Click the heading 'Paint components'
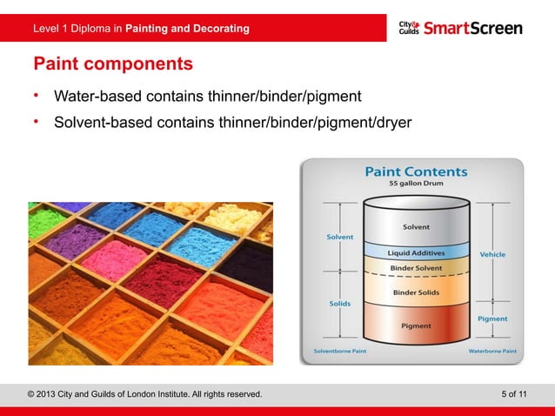click(x=113, y=64)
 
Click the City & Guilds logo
click(x=410, y=28)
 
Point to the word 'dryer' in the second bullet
click(x=391, y=123)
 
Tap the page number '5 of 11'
click(x=514, y=394)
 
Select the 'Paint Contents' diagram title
click(x=415, y=172)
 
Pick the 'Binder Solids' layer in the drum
click(x=415, y=293)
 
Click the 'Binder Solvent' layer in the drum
click(x=415, y=266)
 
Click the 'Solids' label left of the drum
click(x=339, y=304)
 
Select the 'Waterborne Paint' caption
click(x=492, y=352)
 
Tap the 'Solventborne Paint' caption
click(x=339, y=352)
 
